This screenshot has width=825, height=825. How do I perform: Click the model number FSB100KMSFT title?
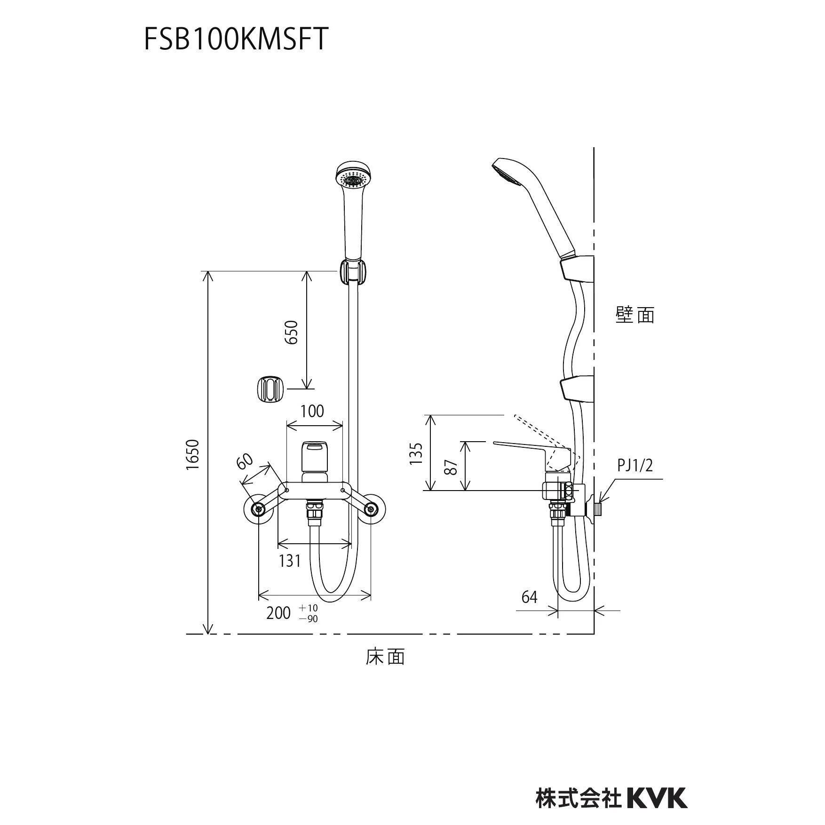point(235,39)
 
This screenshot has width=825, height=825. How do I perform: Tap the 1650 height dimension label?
point(192,454)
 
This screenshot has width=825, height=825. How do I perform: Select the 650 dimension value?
point(292,332)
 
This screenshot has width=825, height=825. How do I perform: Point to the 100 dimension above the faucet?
point(312,411)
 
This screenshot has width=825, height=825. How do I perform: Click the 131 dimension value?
point(290,561)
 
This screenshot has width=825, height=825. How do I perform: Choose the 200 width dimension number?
point(278,613)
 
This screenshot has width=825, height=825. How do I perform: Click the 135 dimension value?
point(416,453)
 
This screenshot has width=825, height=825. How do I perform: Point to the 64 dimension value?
point(529,597)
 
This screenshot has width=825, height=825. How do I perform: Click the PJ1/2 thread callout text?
point(635,466)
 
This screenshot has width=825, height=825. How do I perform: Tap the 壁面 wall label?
point(635,315)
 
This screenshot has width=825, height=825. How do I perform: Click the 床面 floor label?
point(385,657)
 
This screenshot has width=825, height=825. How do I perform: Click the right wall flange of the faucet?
point(372,508)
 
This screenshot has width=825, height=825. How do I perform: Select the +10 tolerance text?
point(308,608)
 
